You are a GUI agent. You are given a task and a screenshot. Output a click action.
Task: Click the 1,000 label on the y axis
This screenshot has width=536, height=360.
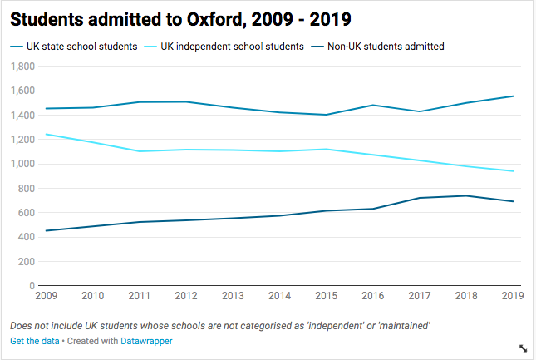click(x=23, y=164)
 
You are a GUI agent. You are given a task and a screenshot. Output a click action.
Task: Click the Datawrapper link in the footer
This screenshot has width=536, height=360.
click(x=146, y=342)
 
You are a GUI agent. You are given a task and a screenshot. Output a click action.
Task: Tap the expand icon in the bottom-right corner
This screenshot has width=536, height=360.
click(x=523, y=348)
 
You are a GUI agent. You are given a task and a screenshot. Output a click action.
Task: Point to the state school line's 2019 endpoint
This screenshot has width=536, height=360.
click(x=514, y=96)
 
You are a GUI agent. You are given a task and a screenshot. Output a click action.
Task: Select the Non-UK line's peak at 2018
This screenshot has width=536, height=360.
click(x=465, y=195)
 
